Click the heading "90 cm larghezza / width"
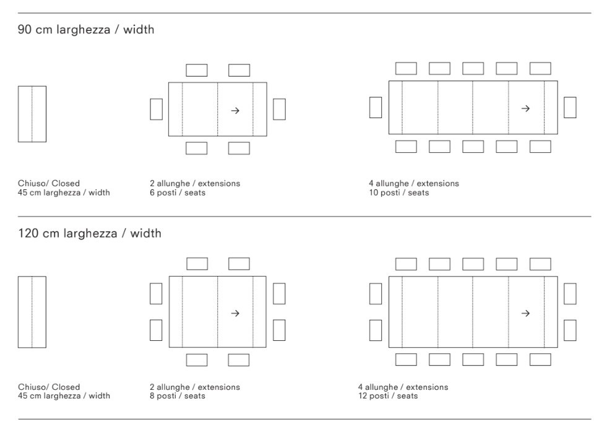coord(86,30)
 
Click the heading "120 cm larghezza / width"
coord(90,233)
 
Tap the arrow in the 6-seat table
coord(235,111)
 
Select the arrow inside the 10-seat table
coord(525,108)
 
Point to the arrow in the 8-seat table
coord(235,313)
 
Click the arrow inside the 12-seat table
coord(525,313)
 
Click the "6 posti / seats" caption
coord(178,193)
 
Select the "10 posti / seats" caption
coord(399,193)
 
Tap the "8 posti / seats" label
coord(178,396)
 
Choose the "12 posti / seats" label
coord(389,396)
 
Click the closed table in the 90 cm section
coord(32,114)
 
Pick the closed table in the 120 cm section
coord(32,312)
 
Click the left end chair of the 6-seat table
coord(157,109)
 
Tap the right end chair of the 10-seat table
coord(570,107)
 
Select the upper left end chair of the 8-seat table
coord(156,294)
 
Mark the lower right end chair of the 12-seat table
coord(570,330)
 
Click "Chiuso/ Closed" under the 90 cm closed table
coord(49,184)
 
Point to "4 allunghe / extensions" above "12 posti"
coord(403,387)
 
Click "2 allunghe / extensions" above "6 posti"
coord(195,184)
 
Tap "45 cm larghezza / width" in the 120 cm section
coord(64,396)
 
